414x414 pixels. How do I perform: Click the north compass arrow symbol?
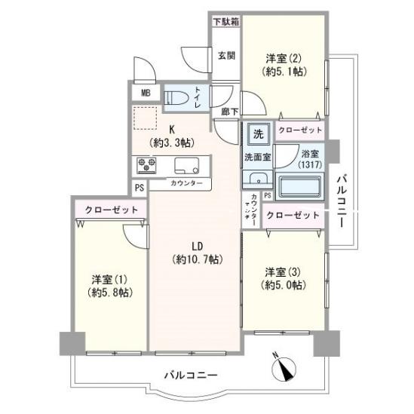[284, 370]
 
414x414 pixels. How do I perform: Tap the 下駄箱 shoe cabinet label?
[225, 22]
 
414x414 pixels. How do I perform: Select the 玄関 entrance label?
[226, 55]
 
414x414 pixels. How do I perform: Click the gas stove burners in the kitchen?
[146, 164]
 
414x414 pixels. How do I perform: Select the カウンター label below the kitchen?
[186, 183]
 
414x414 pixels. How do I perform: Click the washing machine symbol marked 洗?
[257, 135]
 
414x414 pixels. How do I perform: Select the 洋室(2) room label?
[284, 66]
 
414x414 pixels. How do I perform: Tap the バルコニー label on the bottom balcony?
[192, 375]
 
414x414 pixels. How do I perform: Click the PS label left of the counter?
[140, 189]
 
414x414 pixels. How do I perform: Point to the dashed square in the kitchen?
[146, 118]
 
